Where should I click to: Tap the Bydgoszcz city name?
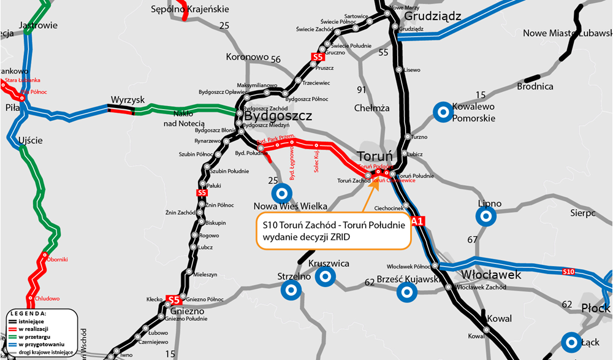coord(278,116)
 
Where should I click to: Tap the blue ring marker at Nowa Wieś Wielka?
coord(282,194)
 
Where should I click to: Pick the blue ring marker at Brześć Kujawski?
coord(405,292)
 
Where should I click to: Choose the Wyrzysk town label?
coord(127,100)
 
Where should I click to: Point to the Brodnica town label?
coord(535,86)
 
